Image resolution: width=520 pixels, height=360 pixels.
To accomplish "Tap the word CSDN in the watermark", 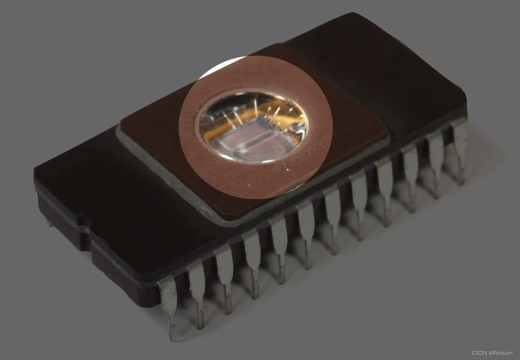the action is pos(479,353).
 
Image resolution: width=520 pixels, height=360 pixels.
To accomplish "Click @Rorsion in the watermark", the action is pos(500,353).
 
